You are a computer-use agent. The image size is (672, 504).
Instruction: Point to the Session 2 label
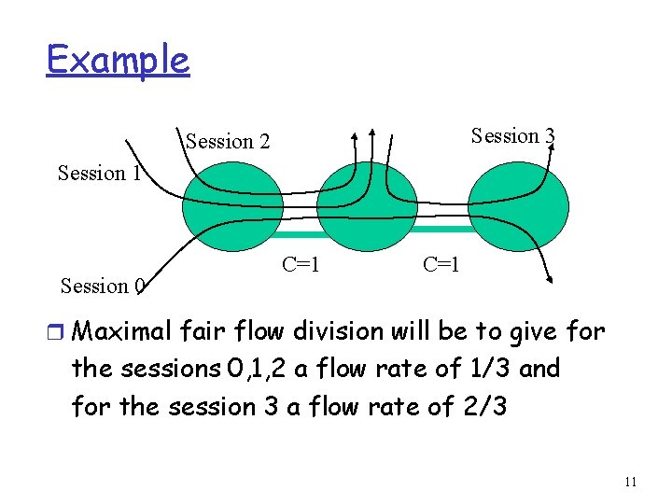(228, 142)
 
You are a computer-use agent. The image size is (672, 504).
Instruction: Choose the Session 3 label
(512, 136)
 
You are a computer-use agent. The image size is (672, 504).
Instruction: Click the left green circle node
(224, 208)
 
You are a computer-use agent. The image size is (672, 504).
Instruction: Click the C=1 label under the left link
(301, 264)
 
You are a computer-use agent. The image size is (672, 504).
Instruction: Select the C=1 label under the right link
(441, 264)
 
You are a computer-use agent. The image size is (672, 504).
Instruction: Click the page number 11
(630, 482)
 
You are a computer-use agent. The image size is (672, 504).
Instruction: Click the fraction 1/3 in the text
(487, 369)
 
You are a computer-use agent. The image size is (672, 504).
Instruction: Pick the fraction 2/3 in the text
(482, 407)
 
